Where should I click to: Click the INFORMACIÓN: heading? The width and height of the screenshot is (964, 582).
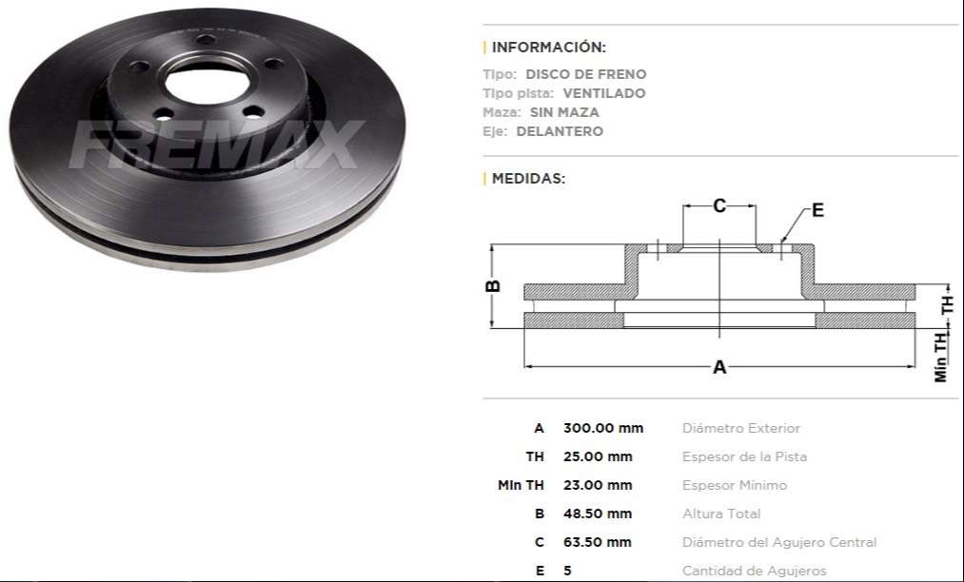point(548,47)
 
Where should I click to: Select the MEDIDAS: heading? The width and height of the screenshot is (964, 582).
point(528,178)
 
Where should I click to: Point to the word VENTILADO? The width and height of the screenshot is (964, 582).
point(603,93)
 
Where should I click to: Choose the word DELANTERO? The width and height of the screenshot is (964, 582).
point(560,131)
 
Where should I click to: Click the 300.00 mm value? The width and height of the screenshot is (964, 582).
point(603,428)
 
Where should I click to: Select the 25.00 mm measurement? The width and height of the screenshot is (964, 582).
point(598,456)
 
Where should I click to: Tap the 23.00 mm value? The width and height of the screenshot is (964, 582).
point(598,485)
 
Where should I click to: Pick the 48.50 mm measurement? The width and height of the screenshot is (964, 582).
point(598,514)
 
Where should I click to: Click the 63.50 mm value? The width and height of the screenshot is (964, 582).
point(598,542)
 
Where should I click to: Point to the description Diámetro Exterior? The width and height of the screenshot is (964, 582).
point(740,428)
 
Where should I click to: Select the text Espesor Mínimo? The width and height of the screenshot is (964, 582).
point(734,485)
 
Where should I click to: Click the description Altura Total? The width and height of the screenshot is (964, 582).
point(721,514)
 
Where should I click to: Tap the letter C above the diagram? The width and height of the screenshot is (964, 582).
point(719,205)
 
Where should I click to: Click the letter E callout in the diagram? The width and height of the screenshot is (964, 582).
point(817,210)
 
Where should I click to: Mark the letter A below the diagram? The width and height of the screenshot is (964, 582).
point(719,367)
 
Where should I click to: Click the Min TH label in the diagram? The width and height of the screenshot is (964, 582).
point(941,357)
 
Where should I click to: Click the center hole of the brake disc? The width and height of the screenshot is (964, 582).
point(206,83)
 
